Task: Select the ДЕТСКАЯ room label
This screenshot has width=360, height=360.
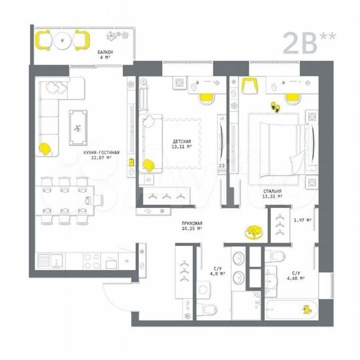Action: [181, 141]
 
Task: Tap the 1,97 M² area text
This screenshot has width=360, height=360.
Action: [303, 219]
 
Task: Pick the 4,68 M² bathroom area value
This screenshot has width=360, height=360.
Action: [298, 275]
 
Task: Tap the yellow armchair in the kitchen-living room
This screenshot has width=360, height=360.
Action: [46, 149]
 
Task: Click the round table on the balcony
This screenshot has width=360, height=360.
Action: [63, 41]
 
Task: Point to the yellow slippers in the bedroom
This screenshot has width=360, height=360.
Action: [273, 105]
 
